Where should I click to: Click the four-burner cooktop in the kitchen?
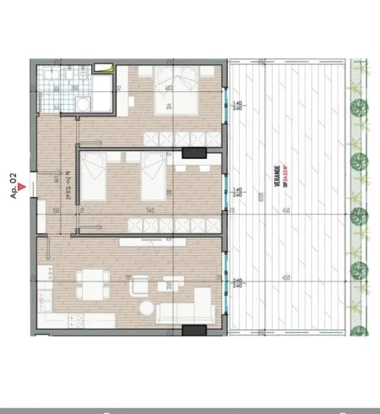77,319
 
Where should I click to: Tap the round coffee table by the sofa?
146,307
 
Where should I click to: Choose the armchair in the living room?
138,286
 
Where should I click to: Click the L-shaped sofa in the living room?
189,309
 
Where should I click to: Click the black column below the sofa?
194,330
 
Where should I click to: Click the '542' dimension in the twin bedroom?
149,208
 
